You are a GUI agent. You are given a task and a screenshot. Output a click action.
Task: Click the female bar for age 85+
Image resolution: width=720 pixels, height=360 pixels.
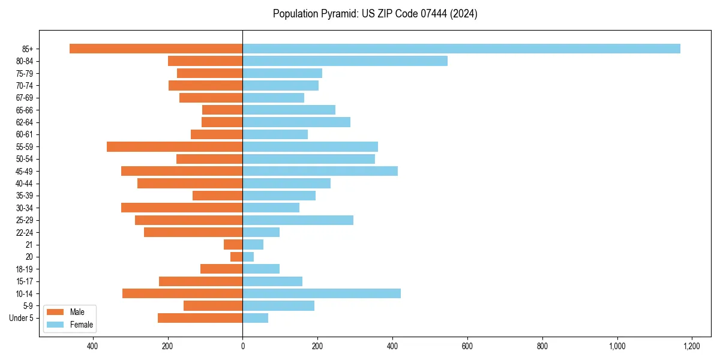(x=461, y=49)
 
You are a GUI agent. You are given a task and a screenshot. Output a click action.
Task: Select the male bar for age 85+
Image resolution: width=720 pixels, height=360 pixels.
(x=156, y=49)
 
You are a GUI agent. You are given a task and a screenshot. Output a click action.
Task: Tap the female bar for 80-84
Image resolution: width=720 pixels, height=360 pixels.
(x=345, y=61)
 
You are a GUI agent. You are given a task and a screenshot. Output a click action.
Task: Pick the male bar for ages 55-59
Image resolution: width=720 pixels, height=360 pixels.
(x=175, y=146)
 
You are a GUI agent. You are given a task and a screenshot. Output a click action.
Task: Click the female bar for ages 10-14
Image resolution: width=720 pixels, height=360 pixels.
(x=322, y=293)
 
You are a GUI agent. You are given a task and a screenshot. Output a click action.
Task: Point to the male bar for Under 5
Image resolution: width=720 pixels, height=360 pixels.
(x=200, y=318)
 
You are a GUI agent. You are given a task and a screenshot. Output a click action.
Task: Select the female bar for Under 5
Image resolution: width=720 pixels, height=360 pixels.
(x=256, y=318)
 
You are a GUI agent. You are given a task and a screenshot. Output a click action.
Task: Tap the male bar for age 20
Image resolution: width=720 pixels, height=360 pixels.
(x=236, y=257)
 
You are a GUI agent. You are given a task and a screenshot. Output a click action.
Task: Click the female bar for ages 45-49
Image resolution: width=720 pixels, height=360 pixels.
(x=320, y=171)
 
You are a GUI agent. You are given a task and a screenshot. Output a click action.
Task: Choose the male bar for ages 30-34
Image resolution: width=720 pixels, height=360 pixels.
(x=182, y=208)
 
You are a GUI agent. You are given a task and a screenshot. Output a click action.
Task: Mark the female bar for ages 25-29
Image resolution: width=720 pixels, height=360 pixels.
(x=298, y=220)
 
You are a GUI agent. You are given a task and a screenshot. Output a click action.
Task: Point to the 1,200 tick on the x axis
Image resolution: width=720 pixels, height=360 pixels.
(x=692, y=346)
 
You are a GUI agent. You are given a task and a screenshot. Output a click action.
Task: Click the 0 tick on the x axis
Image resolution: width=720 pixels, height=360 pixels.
(x=242, y=346)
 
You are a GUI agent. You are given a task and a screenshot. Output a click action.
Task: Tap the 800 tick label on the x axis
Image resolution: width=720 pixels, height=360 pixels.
(x=542, y=346)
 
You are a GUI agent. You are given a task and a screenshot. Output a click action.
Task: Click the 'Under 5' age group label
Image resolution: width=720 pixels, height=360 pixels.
(x=22, y=318)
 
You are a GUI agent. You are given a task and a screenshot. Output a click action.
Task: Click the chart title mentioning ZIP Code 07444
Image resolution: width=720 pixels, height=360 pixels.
(x=375, y=14)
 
